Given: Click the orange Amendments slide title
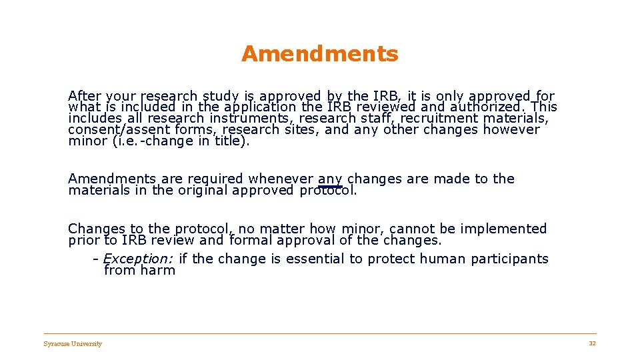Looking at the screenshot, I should click(319, 54).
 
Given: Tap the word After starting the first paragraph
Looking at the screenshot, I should click(84, 96).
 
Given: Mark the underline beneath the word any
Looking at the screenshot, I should click(330, 187).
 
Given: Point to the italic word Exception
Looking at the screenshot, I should click(139, 259).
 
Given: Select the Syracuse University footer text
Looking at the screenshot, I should click(73, 344).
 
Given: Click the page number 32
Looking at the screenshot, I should click(592, 343).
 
